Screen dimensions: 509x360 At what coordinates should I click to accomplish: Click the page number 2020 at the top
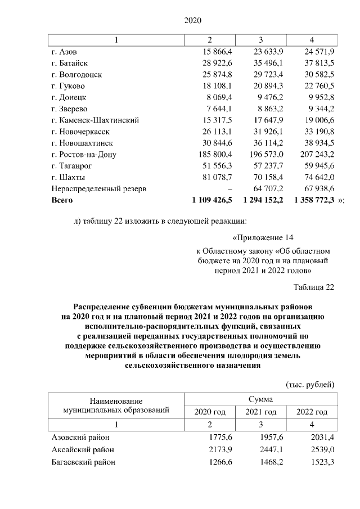[193, 21]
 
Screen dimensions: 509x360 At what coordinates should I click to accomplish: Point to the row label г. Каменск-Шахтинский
[95, 120]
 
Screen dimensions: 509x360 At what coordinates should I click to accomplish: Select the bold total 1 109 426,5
[212, 200]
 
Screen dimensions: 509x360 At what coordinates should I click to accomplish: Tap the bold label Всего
[62, 200]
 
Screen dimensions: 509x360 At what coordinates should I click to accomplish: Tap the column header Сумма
[261, 399]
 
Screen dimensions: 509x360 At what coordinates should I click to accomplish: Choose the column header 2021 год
[261, 412]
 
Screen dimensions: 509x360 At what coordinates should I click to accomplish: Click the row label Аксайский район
[83, 449]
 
